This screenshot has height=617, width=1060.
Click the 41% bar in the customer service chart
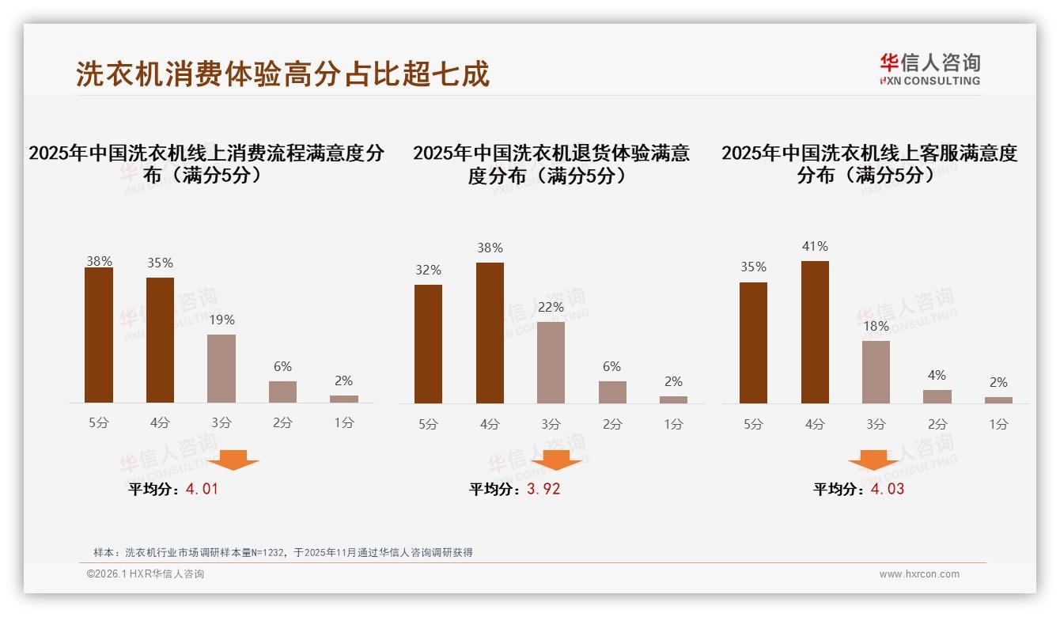[815, 332]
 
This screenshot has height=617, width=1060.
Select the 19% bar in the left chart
[221, 369]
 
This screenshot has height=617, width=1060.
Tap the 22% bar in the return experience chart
[551, 362]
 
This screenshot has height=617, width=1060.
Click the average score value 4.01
[202, 489]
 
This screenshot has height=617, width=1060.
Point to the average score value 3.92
[543, 489]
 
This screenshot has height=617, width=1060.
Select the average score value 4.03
[888, 489]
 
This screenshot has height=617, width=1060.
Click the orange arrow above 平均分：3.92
[556, 460]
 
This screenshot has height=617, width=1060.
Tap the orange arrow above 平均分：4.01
[233, 460]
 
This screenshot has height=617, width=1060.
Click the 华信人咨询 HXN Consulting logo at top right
[929, 70]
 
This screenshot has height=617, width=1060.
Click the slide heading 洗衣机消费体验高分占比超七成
[283, 74]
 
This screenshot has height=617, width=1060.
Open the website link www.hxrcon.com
[919, 574]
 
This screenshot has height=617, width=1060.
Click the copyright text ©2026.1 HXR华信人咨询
[146, 574]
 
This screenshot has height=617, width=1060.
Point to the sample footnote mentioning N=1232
[283, 552]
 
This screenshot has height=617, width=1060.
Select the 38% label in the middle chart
[490, 248]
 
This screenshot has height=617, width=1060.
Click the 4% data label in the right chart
[937, 375]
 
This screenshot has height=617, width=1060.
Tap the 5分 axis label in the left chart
[99, 422]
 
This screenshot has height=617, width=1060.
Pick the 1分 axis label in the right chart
[998, 424]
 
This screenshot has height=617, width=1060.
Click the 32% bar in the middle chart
[428, 344]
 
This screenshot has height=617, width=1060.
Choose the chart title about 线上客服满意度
[869, 164]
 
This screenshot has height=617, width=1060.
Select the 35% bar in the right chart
[753, 343]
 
